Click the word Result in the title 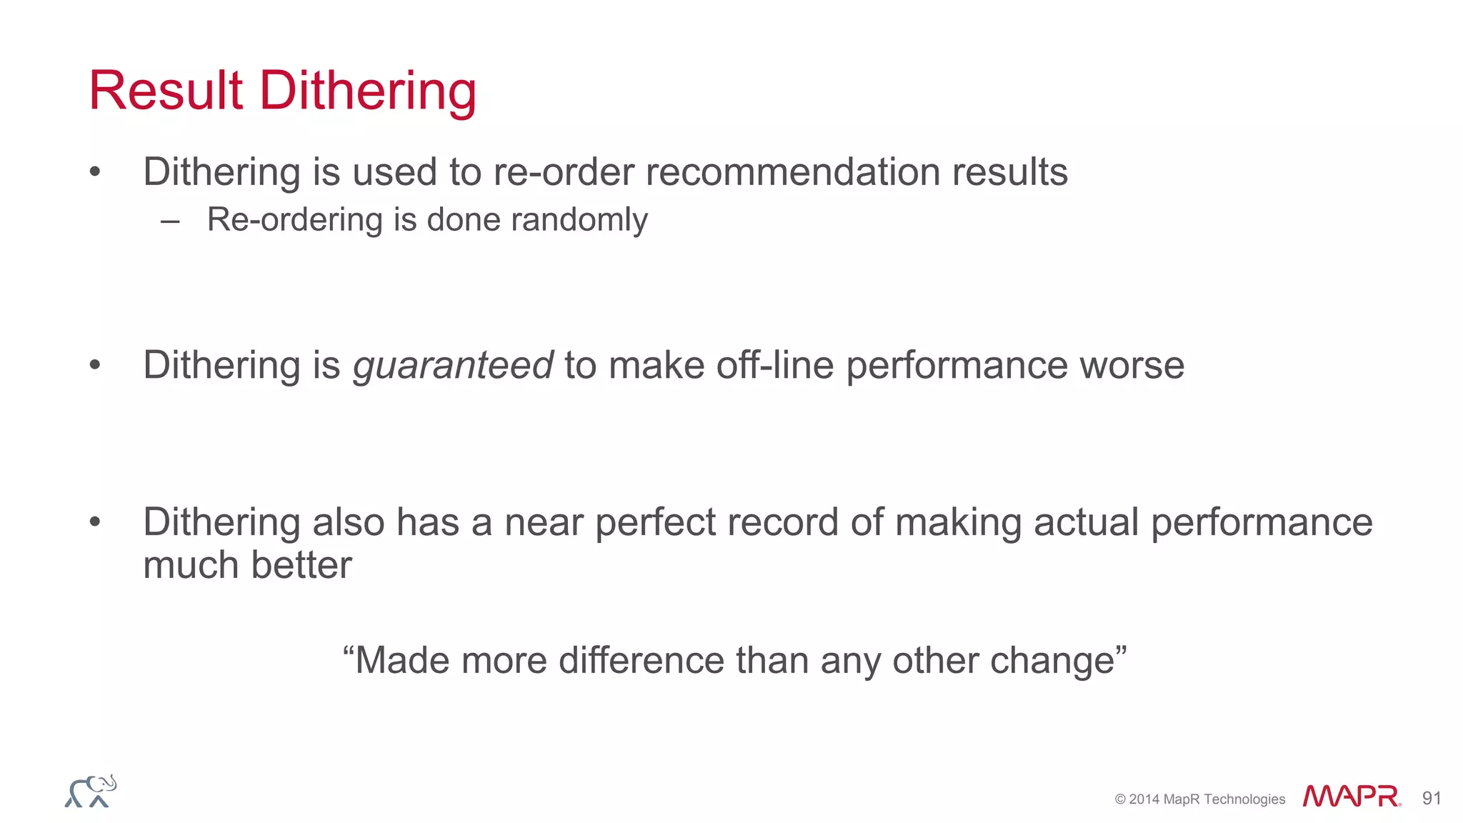click(x=166, y=91)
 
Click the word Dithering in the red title click(x=368, y=92)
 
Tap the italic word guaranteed click(x=453, y=366)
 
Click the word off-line click(x=775, y=365)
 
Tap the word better click(x=301, y=565)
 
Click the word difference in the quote click(x=641, y=660)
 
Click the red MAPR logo click(x=1351, y=797)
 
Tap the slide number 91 click(x=1432, y=798)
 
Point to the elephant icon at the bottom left click(x=91, y=792)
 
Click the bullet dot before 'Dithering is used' click(x=95, y=172)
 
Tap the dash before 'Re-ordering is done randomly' click(x=170, y=221)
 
